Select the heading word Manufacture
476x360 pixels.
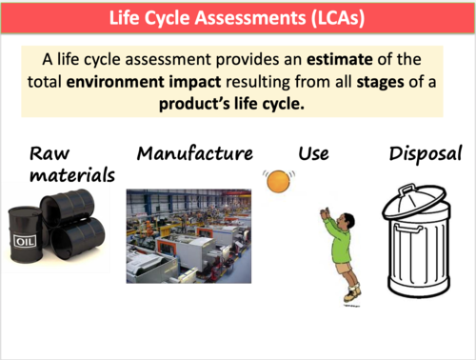coord(195,153)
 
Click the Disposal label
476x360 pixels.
coord(425,153)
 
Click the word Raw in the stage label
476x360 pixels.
coord(50,153)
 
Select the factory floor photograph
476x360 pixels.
coord(188,235)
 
